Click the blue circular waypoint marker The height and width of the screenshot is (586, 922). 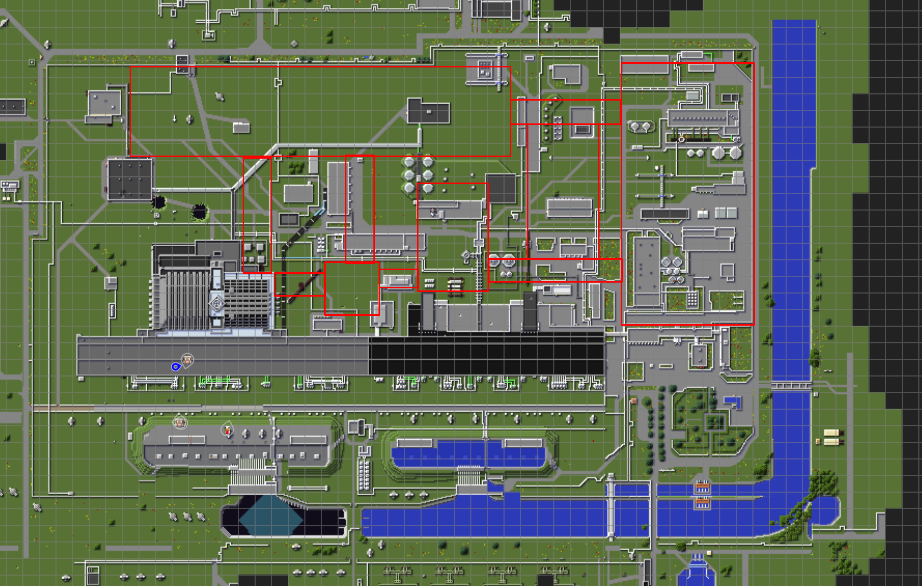coord(176,367)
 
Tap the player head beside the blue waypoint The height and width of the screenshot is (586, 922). coord(187,359)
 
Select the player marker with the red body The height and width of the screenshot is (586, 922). coord(227,429)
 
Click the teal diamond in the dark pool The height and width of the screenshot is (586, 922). coord(270,515)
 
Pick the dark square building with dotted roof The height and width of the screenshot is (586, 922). coord(130,179)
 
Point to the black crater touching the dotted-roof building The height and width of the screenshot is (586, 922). coord(159,201)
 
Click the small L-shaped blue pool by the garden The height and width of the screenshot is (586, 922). coord(733,401)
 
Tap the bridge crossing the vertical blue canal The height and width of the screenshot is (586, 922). coord(791,386)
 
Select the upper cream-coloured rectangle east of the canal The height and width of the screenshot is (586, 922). coord(831,432)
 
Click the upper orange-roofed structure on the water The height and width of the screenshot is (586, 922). coord(702,487)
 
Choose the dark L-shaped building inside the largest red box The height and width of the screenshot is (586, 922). coord(428,111)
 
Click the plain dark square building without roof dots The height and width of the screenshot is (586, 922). coord(501,188)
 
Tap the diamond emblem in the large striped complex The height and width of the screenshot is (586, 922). coord(217,303)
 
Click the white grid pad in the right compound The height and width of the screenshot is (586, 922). coord(692,299)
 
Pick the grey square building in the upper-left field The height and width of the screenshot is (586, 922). coord(105,103)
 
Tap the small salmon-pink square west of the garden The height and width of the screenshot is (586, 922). coord(634,401)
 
